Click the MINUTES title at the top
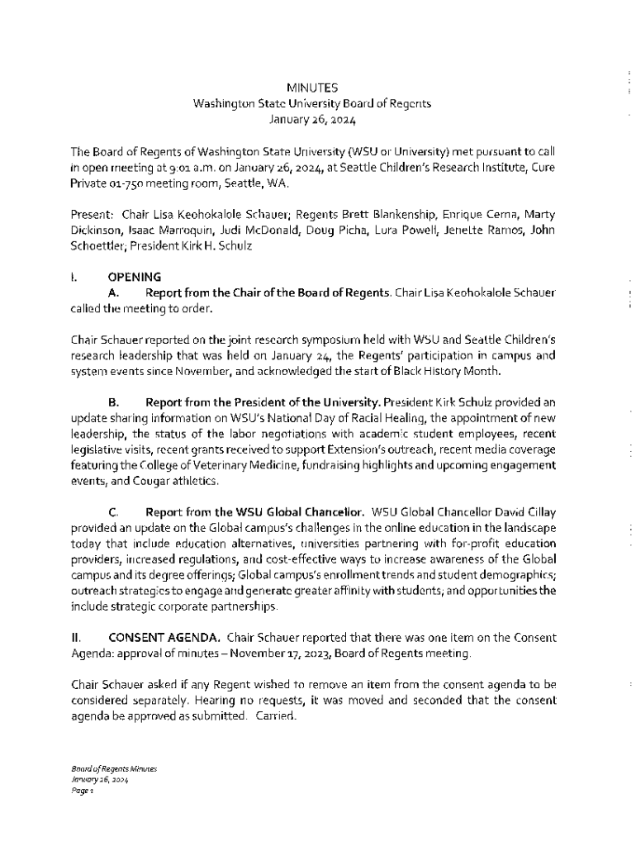point(311,88)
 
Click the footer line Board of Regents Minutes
point(113,768)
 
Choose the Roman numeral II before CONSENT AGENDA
point(75,638)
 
